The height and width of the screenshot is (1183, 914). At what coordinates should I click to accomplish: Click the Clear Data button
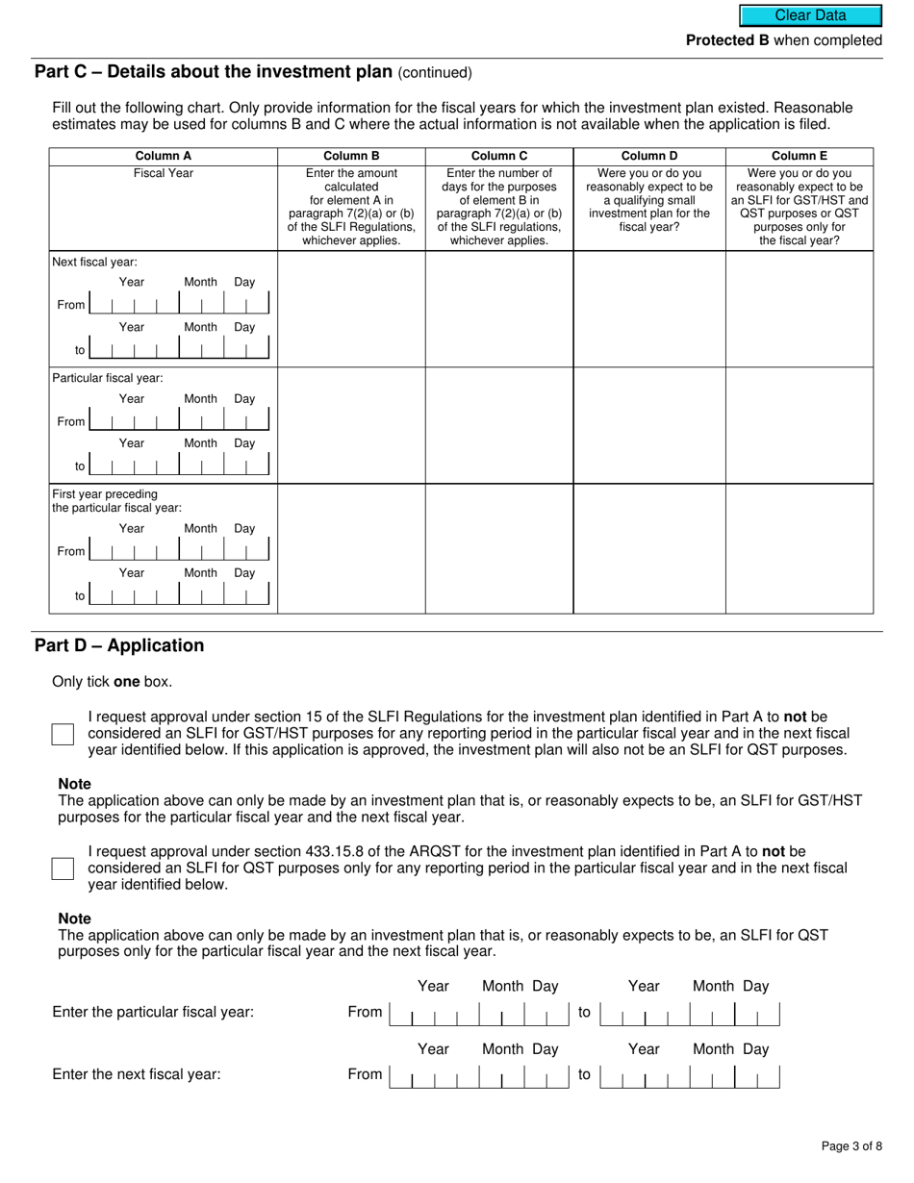click(810, 15)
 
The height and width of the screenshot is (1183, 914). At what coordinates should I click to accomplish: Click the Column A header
click(163, 156)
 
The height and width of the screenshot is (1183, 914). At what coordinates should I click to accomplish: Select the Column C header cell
click(498, 156)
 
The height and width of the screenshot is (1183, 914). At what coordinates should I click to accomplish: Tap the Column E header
click(799, 156)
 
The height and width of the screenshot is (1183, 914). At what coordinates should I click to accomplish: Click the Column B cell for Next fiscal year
click(351, 309)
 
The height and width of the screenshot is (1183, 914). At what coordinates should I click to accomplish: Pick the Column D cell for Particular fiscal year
click(649, 425)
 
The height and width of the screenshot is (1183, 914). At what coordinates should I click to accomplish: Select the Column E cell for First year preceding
click(799, 549)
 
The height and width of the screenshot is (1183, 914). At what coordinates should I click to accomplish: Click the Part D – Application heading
click(119, 645)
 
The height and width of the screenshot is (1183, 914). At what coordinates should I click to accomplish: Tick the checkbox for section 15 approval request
click(63, 735)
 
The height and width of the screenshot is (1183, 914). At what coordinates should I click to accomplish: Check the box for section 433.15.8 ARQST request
click(63, 868)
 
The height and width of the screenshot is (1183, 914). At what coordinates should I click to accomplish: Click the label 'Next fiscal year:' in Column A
click(94, 262)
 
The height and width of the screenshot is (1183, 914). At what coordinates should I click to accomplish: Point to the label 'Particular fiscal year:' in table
click(108, 378)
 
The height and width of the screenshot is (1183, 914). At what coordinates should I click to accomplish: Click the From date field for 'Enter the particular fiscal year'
click(480, 1013)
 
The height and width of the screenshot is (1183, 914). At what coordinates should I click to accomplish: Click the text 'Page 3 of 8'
click(851, 1145)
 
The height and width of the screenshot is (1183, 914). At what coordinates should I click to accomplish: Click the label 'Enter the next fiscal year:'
click(137, 1074)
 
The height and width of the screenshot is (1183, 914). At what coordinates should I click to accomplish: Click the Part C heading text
click(213, 72)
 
